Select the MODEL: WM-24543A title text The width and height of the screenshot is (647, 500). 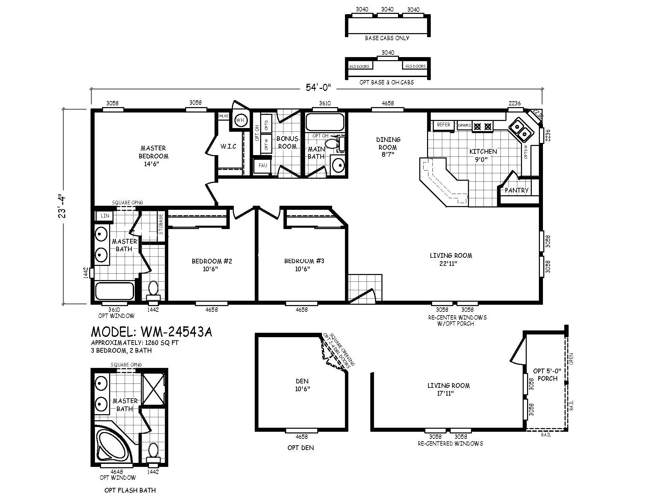point(152,332)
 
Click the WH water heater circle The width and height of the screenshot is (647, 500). point(240,120)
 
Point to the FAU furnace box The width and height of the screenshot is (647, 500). point(263,166)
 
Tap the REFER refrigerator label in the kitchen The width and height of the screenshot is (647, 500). point(443,125)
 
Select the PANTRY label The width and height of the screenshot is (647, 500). point(516,191)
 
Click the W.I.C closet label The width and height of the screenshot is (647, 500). point(228,146)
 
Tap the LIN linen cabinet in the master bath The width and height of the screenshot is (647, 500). point(105,216)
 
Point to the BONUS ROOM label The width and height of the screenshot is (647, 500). point(287,143)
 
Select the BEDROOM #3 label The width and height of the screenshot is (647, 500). point(304,265)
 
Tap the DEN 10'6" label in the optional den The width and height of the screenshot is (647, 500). point(302,385)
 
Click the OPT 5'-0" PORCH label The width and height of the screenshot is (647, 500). point(547,375)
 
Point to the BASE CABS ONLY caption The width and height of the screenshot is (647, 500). point(387,38)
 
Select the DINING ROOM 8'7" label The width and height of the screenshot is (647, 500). point(388,147)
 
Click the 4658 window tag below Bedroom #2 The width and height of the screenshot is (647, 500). point(211,309)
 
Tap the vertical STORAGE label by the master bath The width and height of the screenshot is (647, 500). point(161,224)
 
